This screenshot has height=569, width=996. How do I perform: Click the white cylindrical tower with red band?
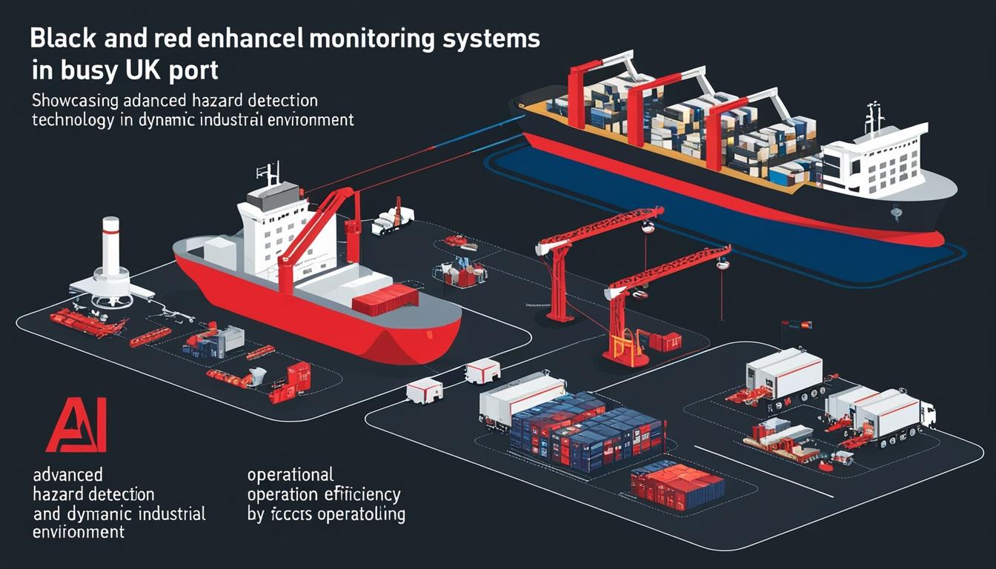point(110,256)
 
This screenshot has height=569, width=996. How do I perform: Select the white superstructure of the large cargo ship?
point(874,159)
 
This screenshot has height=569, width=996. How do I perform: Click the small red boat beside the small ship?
point(456,242)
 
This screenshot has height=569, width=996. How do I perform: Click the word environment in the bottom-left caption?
point(78,532)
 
